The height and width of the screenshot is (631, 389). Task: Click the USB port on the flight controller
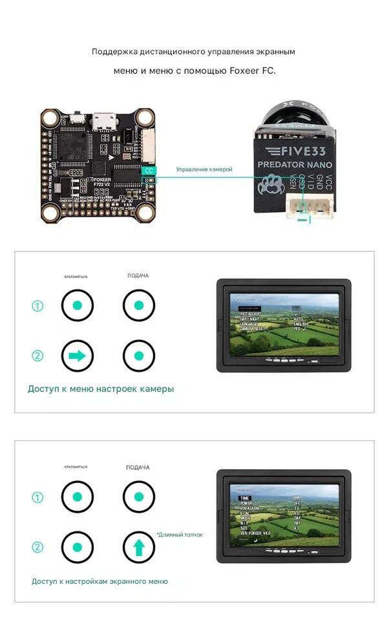click(101, 121)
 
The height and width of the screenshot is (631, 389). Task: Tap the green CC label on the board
click(149, 171)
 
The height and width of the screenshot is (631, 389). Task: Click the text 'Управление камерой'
click(204, 169)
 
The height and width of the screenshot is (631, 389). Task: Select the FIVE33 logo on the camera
click(294, 151)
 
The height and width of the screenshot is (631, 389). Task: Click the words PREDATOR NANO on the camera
click(295, 165)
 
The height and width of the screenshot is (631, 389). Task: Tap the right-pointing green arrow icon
click(78, 355)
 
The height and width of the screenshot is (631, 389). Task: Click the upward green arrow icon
click(139, 547)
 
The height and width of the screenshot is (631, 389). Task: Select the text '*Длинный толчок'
click(180, 535)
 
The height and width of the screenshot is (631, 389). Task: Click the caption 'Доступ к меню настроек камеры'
click(100, 389)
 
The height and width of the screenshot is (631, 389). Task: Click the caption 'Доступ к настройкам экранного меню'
click(100, 581)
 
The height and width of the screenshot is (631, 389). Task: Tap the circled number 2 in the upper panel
click(37, 355)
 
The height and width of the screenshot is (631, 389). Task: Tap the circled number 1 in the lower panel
click(37, 498)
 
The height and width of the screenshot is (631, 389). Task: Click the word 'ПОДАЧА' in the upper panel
click(138, 276)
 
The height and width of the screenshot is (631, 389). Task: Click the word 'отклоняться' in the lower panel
click(76, 466)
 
